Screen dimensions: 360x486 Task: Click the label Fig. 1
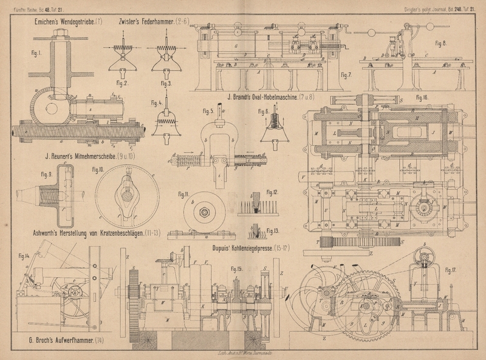[36, 53]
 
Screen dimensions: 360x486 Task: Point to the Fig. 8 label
[440, 44]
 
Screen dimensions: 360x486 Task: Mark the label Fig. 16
[422, 97]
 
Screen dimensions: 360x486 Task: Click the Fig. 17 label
[450, 269]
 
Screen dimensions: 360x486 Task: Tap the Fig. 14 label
[24, 255]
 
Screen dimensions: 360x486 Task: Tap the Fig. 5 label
[207, 111]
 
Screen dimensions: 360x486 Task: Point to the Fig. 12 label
[274, 192]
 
